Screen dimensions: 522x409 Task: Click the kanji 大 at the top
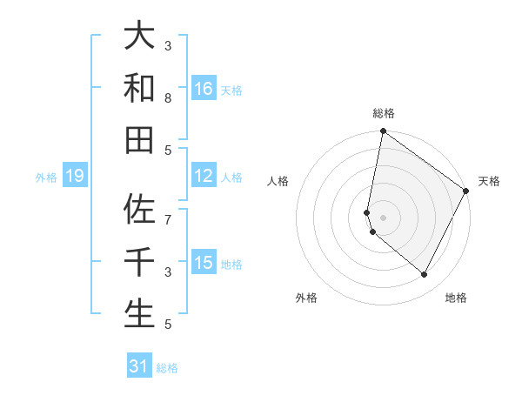tap(139, 37)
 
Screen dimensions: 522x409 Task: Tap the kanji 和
tap(139, 88)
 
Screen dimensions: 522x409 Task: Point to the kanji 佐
tap(139, 210)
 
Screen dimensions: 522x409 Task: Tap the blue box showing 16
tap(203, 89)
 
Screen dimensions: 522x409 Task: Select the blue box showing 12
tap(203, 177)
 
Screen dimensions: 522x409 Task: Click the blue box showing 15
tap(203, 263)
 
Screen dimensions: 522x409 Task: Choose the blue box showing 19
tap(74, 177)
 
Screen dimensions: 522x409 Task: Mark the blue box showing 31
tap(138, 366)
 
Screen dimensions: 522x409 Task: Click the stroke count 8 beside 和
tap(168, 98)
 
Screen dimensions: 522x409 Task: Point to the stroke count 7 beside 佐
tap(168, 211)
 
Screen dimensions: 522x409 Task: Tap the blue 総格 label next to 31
tap(167, 368)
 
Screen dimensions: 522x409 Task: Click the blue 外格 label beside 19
tap(46, 178)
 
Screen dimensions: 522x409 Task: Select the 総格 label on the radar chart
tap(383, 113)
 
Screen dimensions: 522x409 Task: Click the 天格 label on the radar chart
tap(489, 181)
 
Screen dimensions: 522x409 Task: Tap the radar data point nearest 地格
tap(425, 275)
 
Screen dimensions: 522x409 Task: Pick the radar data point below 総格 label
tap(383, 131)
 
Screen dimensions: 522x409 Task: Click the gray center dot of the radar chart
tap(383, 217)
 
